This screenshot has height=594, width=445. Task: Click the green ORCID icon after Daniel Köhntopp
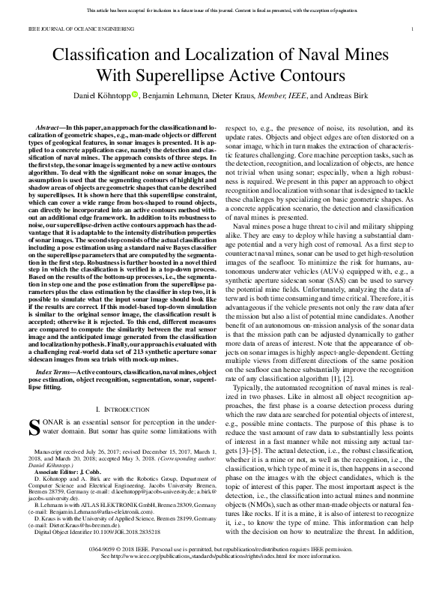pos(135,94)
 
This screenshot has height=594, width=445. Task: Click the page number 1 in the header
pos(413,28)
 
